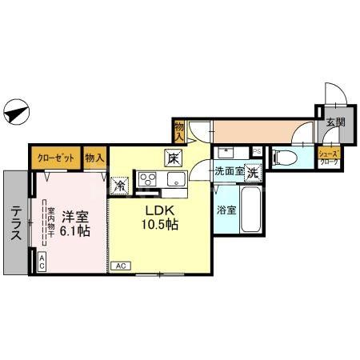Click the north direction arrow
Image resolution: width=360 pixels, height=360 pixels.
click(x=17, y=112)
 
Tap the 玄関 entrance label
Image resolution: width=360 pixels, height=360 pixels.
click(x=334, y=122)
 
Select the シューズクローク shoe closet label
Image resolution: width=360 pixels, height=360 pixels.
click(x=329, y=157)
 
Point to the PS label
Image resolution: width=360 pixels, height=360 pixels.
click(x=257, y=150)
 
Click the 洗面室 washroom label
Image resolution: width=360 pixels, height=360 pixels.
click(x=229, y=171)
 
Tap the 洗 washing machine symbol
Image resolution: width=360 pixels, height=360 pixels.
click(x=253, y=171)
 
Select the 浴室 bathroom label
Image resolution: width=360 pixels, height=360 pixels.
click(x=226, y=210)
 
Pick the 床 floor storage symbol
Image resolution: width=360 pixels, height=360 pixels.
click(x=173, y=158)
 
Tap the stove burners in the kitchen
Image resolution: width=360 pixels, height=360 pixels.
click(x=149, y=178)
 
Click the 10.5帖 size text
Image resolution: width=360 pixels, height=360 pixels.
click(x=161, y=226)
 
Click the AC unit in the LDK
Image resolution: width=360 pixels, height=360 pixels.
click(x=122, y=266)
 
